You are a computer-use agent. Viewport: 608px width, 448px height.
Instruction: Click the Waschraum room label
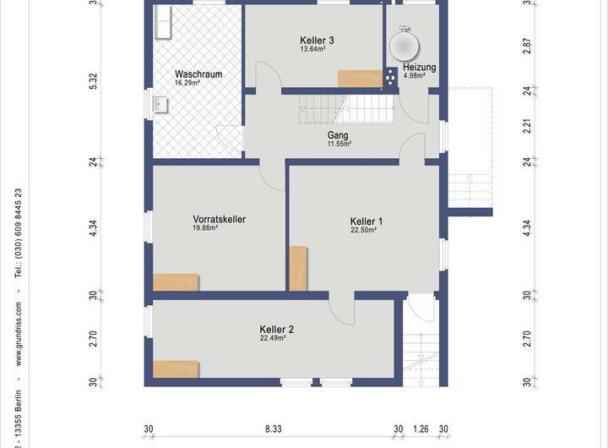(x=198, y=74)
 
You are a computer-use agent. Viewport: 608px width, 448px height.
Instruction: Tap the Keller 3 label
(x=317, y=41)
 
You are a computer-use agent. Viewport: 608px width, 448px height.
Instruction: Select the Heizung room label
(x=420, y=67)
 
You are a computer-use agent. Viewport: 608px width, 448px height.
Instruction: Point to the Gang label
(x=338, y=135)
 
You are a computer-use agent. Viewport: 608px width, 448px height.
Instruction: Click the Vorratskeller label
(x=220, y=219)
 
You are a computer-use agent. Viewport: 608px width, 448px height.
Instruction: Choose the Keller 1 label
(x=366, y=221)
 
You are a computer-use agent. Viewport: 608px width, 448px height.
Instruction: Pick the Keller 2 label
(x=277, y=329)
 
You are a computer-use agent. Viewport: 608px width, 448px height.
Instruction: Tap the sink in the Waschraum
(x=160, y=105)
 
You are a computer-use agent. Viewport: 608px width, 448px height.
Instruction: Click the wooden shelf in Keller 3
(x=361, y=79)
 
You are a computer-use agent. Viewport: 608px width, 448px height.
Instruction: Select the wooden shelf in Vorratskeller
(x=176, y=282)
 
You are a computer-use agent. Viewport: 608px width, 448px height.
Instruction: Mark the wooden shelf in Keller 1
(x=299, y=268)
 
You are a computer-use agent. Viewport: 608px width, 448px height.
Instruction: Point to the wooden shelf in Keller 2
(x=176, y=369)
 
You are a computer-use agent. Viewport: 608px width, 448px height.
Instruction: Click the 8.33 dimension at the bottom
(x=274, y=429)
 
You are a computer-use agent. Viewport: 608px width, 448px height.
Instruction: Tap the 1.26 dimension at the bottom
(x=421, y=429)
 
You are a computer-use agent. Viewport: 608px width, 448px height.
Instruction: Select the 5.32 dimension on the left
(x=94, y=81)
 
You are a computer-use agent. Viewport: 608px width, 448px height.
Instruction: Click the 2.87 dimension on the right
(x=527, y=46)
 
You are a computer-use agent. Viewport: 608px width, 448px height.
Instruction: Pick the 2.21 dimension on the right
(x=527, y=126)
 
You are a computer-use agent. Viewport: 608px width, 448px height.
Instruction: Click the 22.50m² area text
(x=364, y=230)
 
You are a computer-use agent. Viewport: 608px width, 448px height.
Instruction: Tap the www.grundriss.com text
(x=19, y=334)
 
